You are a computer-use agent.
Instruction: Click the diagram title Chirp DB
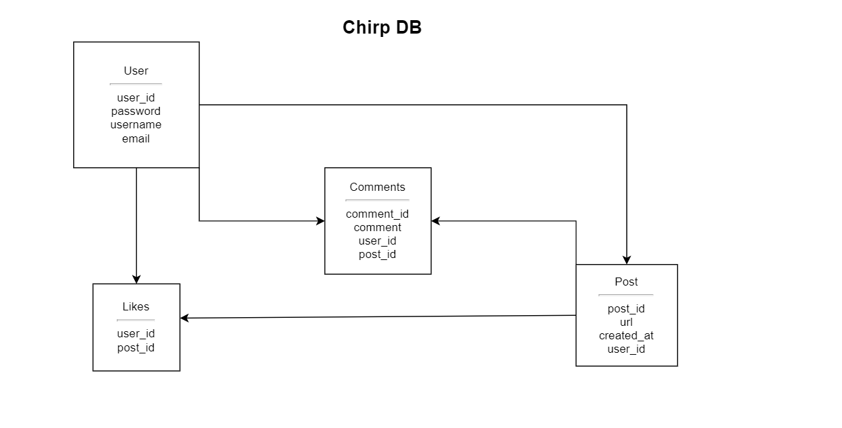tap(382, 28)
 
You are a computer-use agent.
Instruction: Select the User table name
tap(136, 71)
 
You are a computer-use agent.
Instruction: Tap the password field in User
tap(136, 111)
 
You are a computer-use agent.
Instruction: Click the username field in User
tap(136, 124)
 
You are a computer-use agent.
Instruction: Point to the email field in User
tap(136, 138)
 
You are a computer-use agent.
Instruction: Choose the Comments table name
tap(377, 187)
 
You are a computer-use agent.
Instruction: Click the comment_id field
tap(377, 214)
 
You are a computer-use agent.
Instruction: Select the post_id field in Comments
tap(377, 254)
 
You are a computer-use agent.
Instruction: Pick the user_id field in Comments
tap(377, 241)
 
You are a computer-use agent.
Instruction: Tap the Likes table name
tap(136, 306)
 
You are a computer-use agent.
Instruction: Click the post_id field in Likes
tap(136, 347)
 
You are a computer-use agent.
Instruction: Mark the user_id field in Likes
tap(136, 333)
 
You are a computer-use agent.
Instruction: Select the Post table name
tap(626, 282)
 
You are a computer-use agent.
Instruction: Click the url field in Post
tap(626, 322)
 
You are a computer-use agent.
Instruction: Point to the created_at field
tap(626, 335)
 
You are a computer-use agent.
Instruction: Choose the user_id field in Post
tap(626, 349)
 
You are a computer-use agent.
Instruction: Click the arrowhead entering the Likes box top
tap(136, 279)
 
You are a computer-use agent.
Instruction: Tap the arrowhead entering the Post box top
tap(627, 260)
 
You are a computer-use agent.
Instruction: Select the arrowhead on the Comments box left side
tap(320, 220)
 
